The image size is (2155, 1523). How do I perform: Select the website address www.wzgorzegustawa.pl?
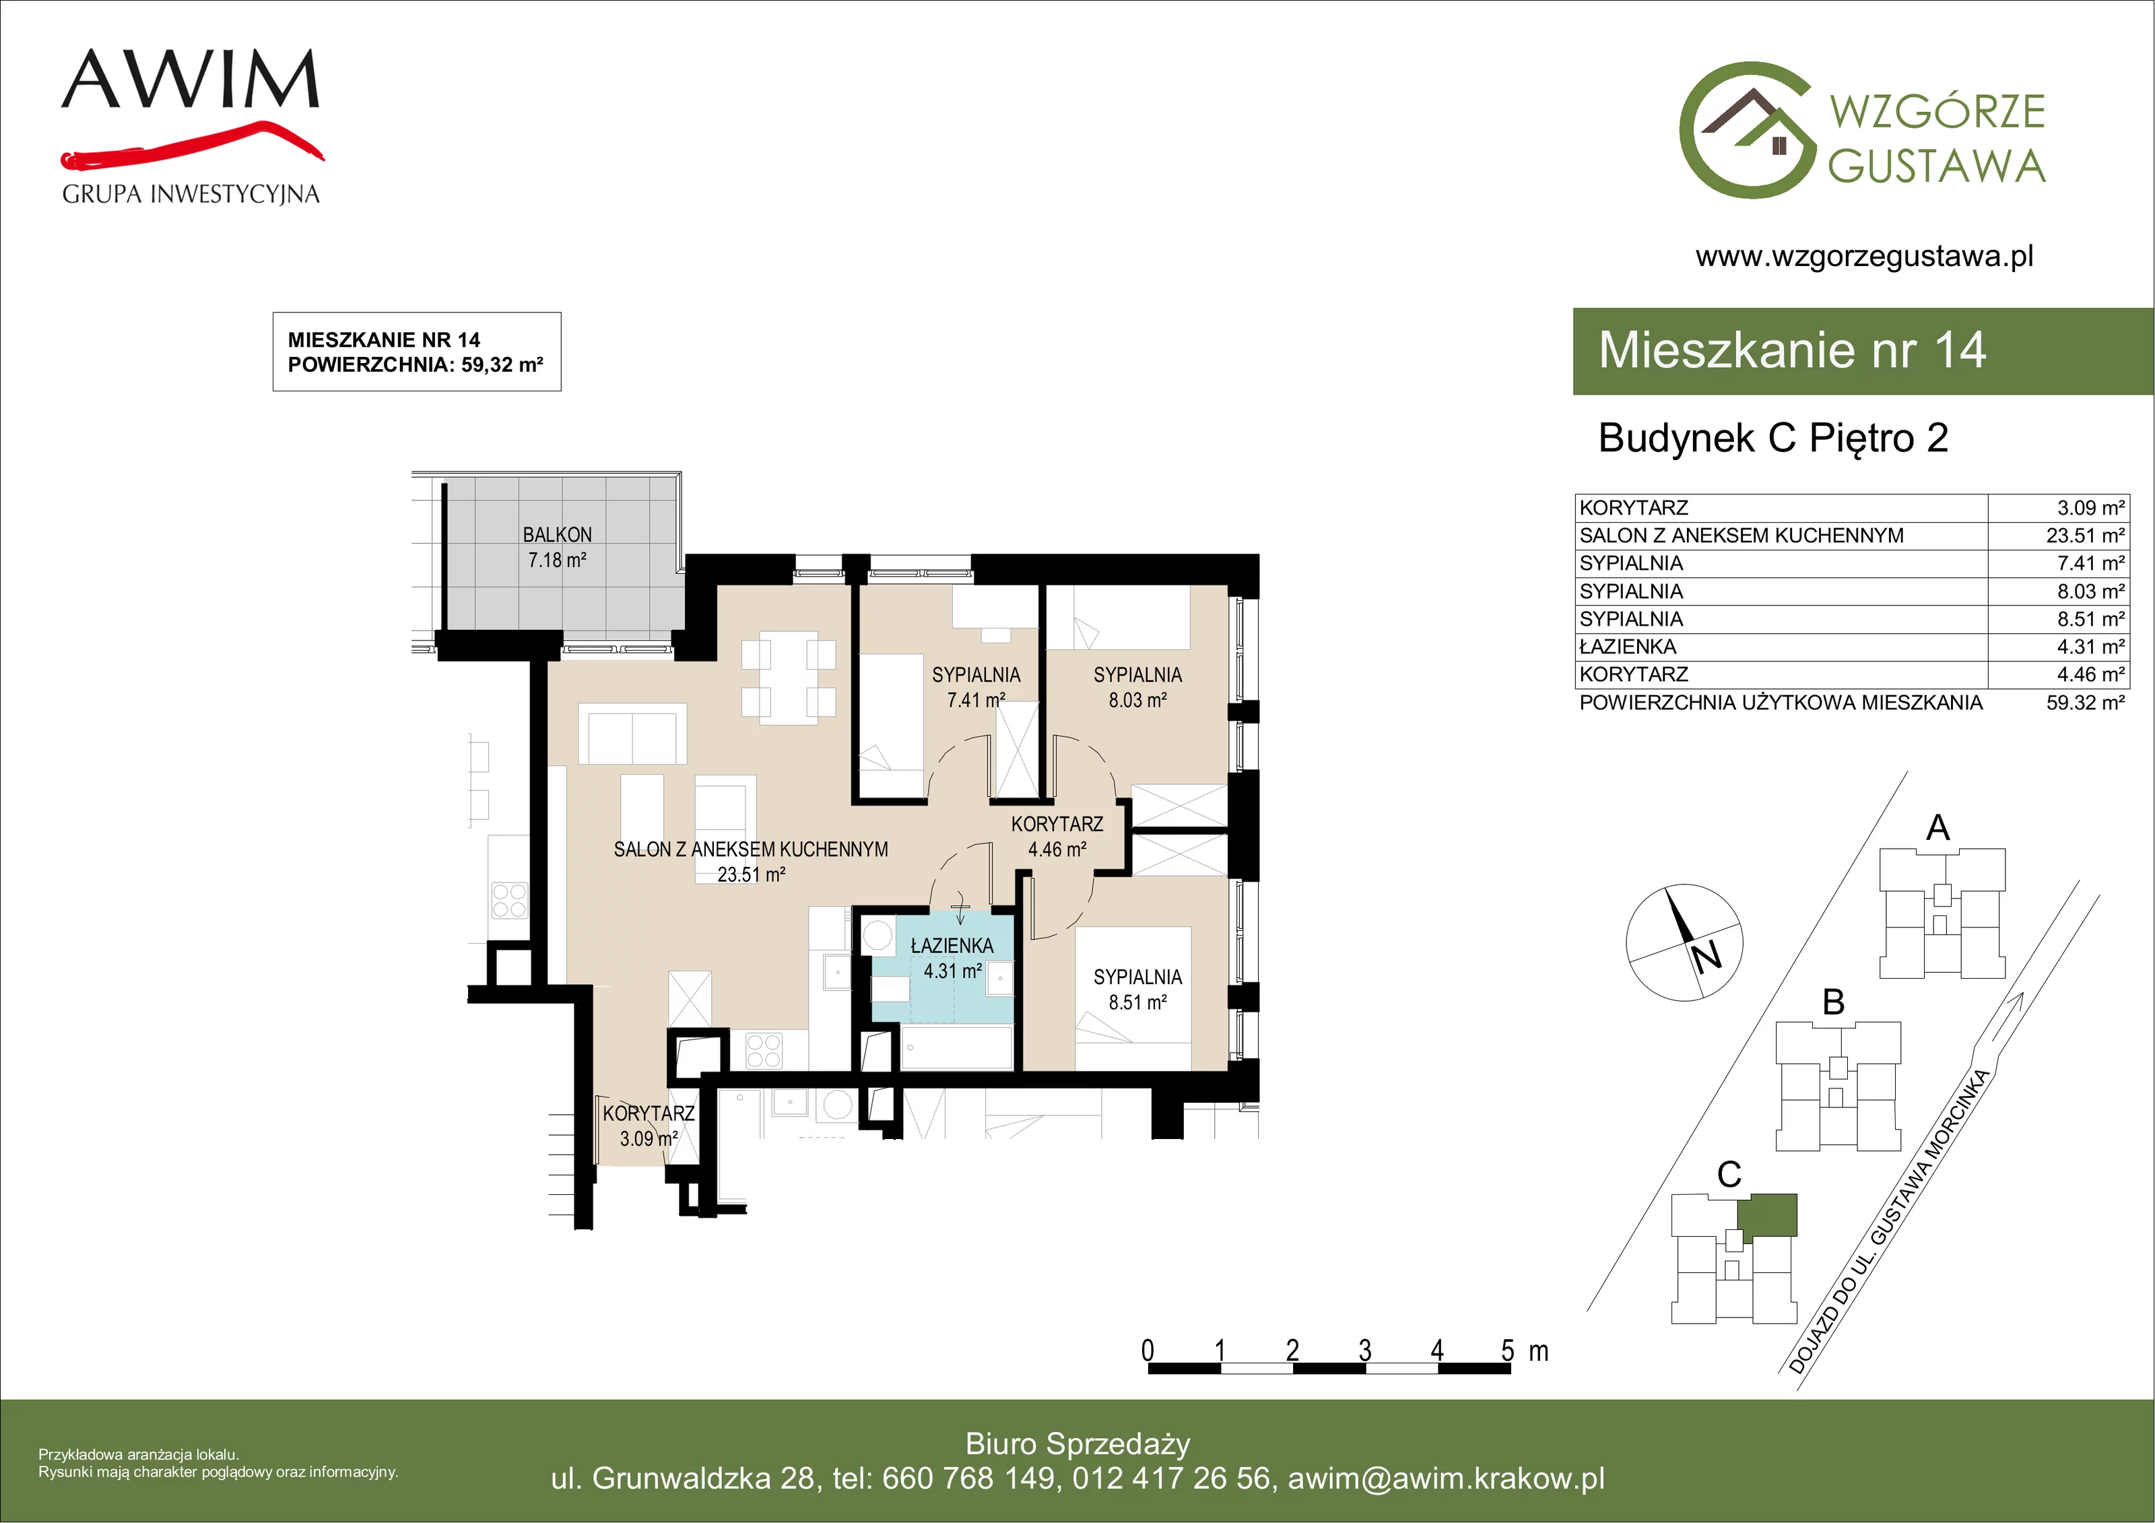1864,257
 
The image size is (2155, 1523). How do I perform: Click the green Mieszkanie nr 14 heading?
1792,350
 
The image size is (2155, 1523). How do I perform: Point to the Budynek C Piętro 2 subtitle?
1773,439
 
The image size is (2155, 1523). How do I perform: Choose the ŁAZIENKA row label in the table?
1628,647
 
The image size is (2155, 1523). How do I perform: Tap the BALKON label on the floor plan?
558,534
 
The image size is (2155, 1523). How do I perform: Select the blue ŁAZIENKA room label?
952,946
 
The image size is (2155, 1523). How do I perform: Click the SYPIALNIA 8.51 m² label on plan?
1137,990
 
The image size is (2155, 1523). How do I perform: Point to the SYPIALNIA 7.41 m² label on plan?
976,687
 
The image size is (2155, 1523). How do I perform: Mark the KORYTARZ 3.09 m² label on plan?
649,1126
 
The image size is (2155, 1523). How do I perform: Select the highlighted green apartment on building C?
1766,1214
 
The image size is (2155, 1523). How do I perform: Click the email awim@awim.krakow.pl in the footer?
1447,1479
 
